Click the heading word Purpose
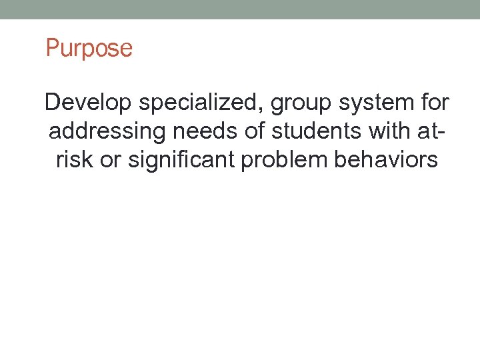pos(89,49)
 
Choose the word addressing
pos(107,132)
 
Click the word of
pos(255,131)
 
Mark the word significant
pos(185,161)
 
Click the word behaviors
pos(390,160)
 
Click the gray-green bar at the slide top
pos(240,9)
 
